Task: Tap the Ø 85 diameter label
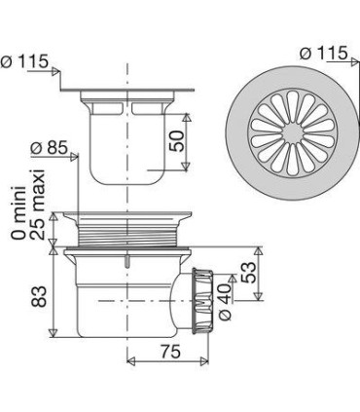click(50, 148)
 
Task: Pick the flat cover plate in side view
click(126, 94)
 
